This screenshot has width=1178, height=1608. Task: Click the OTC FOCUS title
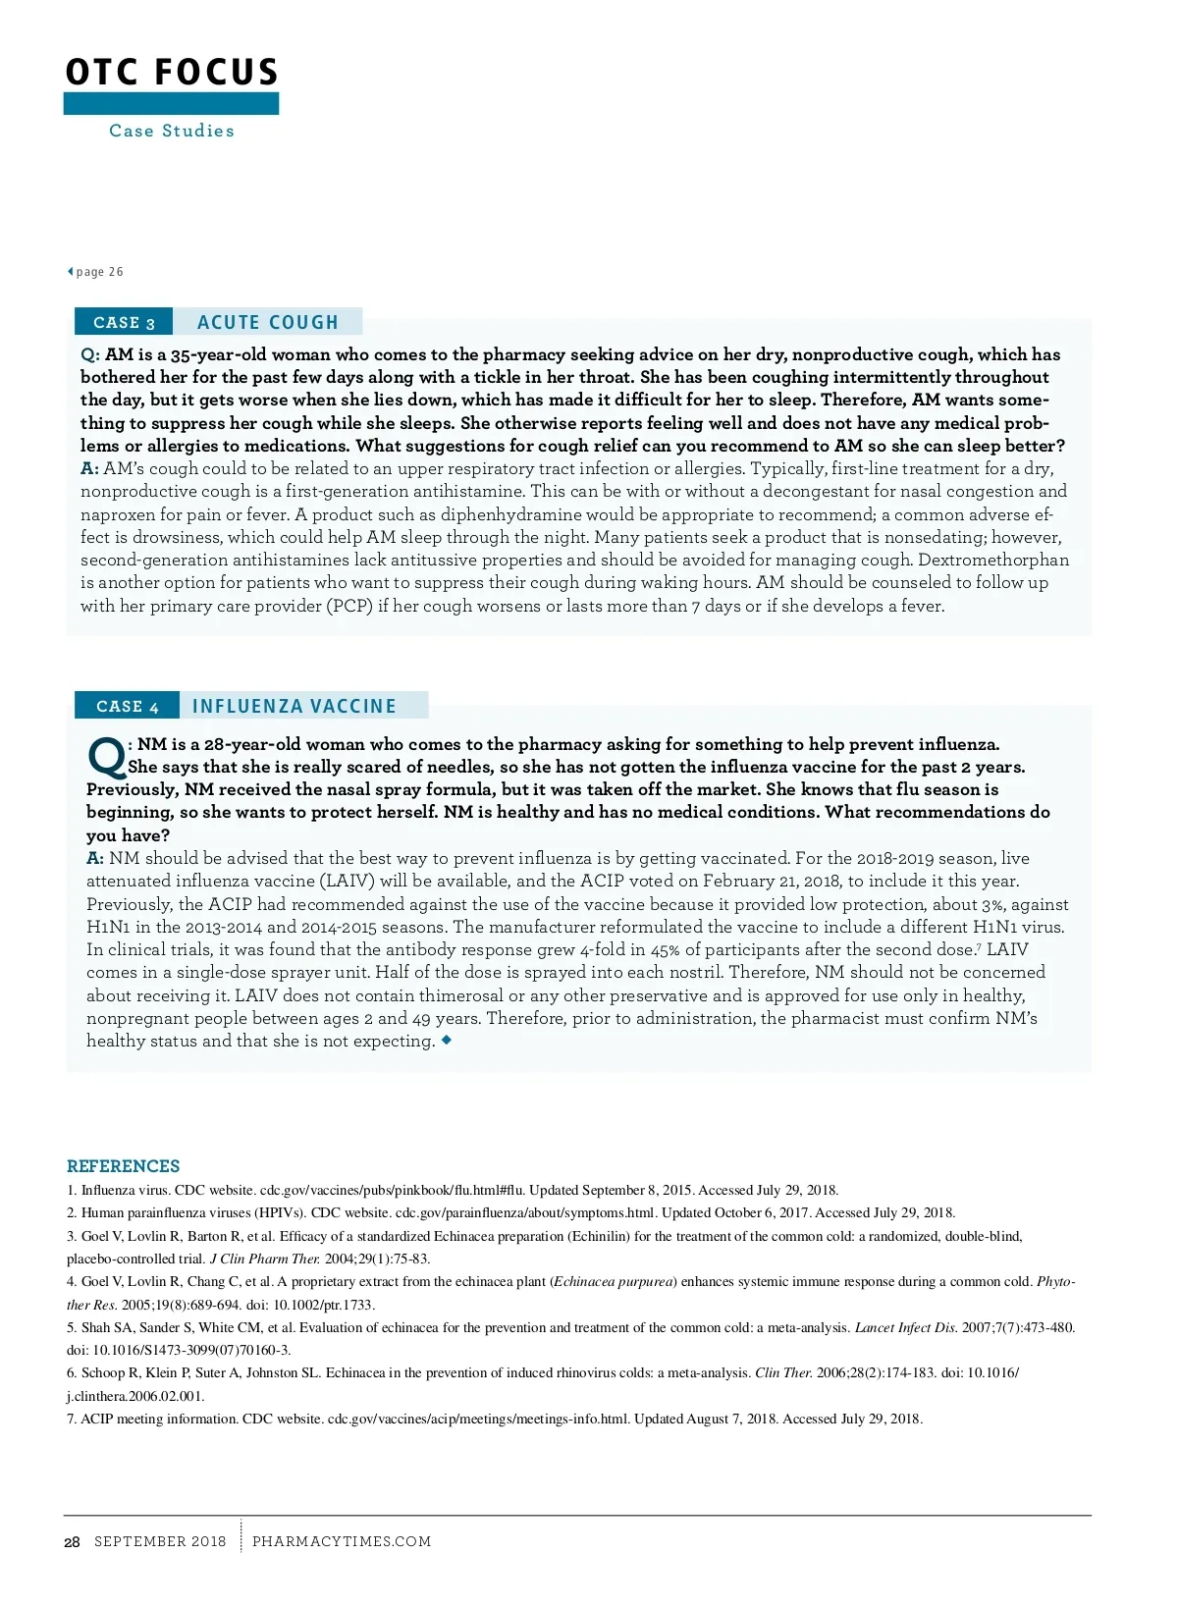[x=172, y=73]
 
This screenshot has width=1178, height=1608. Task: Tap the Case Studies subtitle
[x=172, y=131]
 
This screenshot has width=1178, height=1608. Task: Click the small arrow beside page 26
[x=70, y=272]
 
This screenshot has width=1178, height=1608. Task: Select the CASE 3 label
[x=124, y=323]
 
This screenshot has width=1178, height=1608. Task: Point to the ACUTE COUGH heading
[x=267, y=322]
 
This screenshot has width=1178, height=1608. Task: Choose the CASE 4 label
[x=128, y=707]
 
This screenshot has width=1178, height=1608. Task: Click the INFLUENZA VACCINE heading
[x=294, y=707]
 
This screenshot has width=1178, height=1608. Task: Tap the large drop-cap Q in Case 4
[x=105, y=756]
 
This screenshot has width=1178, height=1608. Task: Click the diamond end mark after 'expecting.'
[x=447, y=1040]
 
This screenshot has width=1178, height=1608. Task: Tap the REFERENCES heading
[x=124, y=1166]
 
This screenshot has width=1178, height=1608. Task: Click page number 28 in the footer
[x=72, y=1542]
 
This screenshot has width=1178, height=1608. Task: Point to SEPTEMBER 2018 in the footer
[x=160, y=1542]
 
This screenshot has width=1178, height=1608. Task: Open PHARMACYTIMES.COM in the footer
[x=342, y=1542]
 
